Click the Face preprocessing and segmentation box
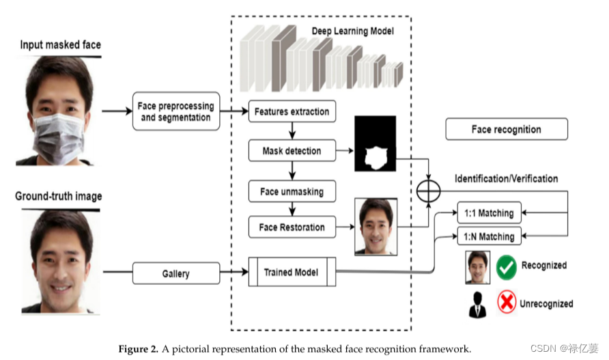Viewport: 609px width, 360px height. click(176, 111)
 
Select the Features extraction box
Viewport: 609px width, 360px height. click(292, 111)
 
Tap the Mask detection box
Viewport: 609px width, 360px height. click(292, 151)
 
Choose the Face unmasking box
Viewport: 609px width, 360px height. click(292, 192)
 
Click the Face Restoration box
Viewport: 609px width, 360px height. click(292, 227)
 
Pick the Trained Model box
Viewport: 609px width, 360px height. click(292, 273)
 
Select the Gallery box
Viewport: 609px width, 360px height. click(176, 274)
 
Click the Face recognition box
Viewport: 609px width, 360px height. click(506, 129)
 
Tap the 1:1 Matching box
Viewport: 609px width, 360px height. click(488, 213)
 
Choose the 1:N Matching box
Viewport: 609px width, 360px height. click(488, 236)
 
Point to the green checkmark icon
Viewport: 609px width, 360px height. click(506, 267)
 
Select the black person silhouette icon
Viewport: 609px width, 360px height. click(477, 305)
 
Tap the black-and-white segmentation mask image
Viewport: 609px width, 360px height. click(375, 144)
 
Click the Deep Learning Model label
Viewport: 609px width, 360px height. click(352, 31)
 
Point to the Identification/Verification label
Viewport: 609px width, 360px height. click(506, 179)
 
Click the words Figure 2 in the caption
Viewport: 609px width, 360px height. click(138, 348)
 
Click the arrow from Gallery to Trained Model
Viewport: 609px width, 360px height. click(234, 274)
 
